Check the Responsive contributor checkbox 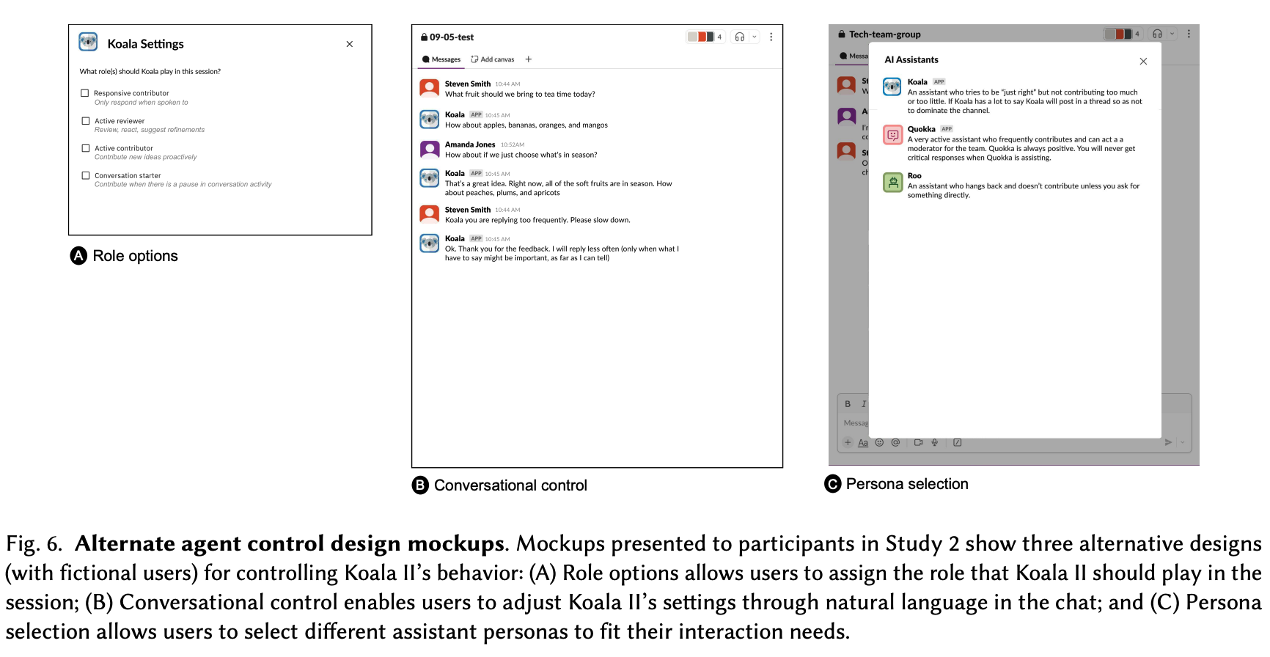pyautogui.click(x=85, y=93)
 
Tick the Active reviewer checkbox pyautogui.click(x=86, y=121)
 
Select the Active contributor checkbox pyautogui.click(x=86, y=148)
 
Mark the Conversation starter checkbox pyautogui.click(x=86, y=175)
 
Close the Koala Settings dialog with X pyautogui.click(x=350, y=44)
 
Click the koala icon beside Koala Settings pyautogui.click(x=88, y=43)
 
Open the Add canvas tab pyautogui.click(x=493, y=59)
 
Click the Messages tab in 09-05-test pyautogui.click(x=441, y=59)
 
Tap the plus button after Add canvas pyautogui.click(x=529, y=59)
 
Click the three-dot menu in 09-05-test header pyautogui.click(x=771, y=37)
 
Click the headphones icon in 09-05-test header pyautogui.click(x=740, y=37)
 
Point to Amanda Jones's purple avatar pyautogui.click(x=429, y=150)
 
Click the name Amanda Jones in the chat pyautogui.click(x=470, y=144)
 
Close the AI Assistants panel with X pyautogui.click(x=1143, y=62)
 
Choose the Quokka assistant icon pyautogui.click(x=892, y=135)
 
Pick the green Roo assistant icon pyautogui.click(x=892, y=182)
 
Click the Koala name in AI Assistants pyautogui.click(x=917, y=82)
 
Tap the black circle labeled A pyautogui.click(x=78, y=255)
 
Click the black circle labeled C pyautogui.click(x=833, y=484)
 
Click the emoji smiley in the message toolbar pyautogui.click(x=879, y=442)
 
